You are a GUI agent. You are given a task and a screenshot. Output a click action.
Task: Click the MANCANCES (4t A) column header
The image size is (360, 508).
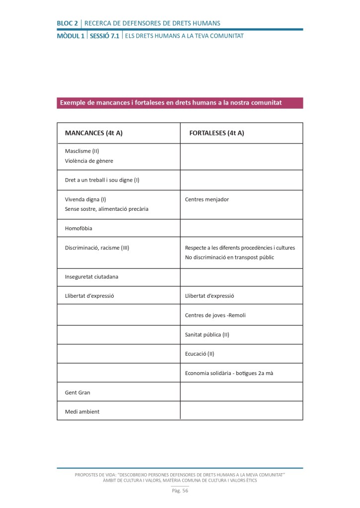click(x=94, y=133)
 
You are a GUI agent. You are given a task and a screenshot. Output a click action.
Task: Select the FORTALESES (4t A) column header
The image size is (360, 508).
click(x=217, y=133)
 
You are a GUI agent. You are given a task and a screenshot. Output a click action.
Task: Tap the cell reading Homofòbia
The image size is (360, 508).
click(x=78, y=228)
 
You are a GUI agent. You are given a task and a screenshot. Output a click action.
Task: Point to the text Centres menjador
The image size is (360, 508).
click(x=207, y=199)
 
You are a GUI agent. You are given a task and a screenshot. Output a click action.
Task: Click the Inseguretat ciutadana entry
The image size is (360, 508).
click(x=91, y=276)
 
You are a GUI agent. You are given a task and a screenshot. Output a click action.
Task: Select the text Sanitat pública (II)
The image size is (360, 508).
click(x=207, y=335)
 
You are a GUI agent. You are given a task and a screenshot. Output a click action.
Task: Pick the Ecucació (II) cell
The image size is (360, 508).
click(x=200, y=354)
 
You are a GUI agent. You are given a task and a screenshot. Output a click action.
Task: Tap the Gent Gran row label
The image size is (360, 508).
click(x=77, y=392)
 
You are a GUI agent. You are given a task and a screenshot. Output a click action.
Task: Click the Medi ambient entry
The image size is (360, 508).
click(x=82, y=411)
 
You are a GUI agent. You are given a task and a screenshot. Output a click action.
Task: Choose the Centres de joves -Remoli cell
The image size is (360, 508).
click(x=215, y=315)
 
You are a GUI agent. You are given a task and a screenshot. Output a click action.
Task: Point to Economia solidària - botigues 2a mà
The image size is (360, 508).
click(x=229, y=373)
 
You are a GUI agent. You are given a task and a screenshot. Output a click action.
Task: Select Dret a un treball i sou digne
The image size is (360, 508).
click(x=102, y=180)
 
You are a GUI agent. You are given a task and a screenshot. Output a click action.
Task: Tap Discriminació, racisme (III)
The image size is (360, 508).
click(x=97, y=248)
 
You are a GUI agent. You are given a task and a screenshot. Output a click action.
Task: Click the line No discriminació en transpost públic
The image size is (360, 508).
click(x=229, y=257)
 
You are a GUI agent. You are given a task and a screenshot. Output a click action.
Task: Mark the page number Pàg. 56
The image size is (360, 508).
click(x=180, y=491)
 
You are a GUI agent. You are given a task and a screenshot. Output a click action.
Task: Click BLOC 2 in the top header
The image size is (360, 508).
click(x=67, y=23)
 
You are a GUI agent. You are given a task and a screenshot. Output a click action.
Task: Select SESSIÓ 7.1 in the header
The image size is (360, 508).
click(x=104, y=36)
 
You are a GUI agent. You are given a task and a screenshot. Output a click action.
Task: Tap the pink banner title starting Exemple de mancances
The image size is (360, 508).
click(x=171, y=103)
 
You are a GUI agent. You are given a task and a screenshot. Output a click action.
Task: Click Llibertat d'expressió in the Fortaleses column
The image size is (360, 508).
click(x=209, y=296)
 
